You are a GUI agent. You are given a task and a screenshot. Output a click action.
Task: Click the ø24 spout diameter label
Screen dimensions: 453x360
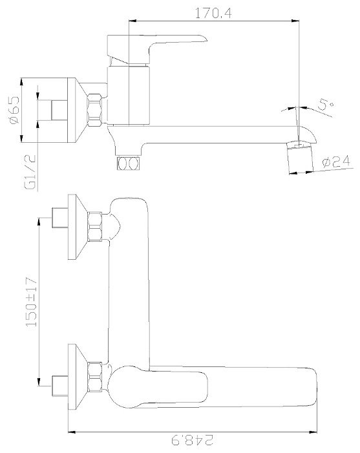click(x=335, y=162)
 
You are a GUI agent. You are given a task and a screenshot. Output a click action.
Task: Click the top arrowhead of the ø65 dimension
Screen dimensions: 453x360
click(x=23, y=81)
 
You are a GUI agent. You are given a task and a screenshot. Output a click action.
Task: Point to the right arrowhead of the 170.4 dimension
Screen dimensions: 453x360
click(x=299, y=23)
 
